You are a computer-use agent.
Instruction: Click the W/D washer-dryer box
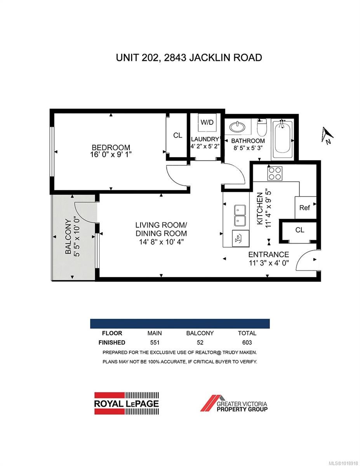pos(207,123)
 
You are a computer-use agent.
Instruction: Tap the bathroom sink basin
pos(238,127)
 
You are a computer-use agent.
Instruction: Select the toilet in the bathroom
pos(262,127)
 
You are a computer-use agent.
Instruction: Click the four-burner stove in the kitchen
pos(275,173)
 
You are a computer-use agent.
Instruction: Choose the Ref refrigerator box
pos(305,208)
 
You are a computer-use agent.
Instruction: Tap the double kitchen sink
pos(240,215)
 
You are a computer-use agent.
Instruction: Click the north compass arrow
pos(327,135)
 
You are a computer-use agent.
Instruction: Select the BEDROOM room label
pos(111,148)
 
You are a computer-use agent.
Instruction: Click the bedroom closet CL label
pos(177,135)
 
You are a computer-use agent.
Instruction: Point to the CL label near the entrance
pos(299,230)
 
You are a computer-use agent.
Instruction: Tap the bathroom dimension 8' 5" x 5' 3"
pos(248,148)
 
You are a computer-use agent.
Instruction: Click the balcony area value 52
pos(200,343)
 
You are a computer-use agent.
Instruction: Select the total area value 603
pos(247,343)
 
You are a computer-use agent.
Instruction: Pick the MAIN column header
pos(155,333)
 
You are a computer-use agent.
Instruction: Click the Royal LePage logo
pos(127,403)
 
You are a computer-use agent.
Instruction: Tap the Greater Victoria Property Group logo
pos(234,403)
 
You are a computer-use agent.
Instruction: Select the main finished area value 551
pos(155,343)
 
